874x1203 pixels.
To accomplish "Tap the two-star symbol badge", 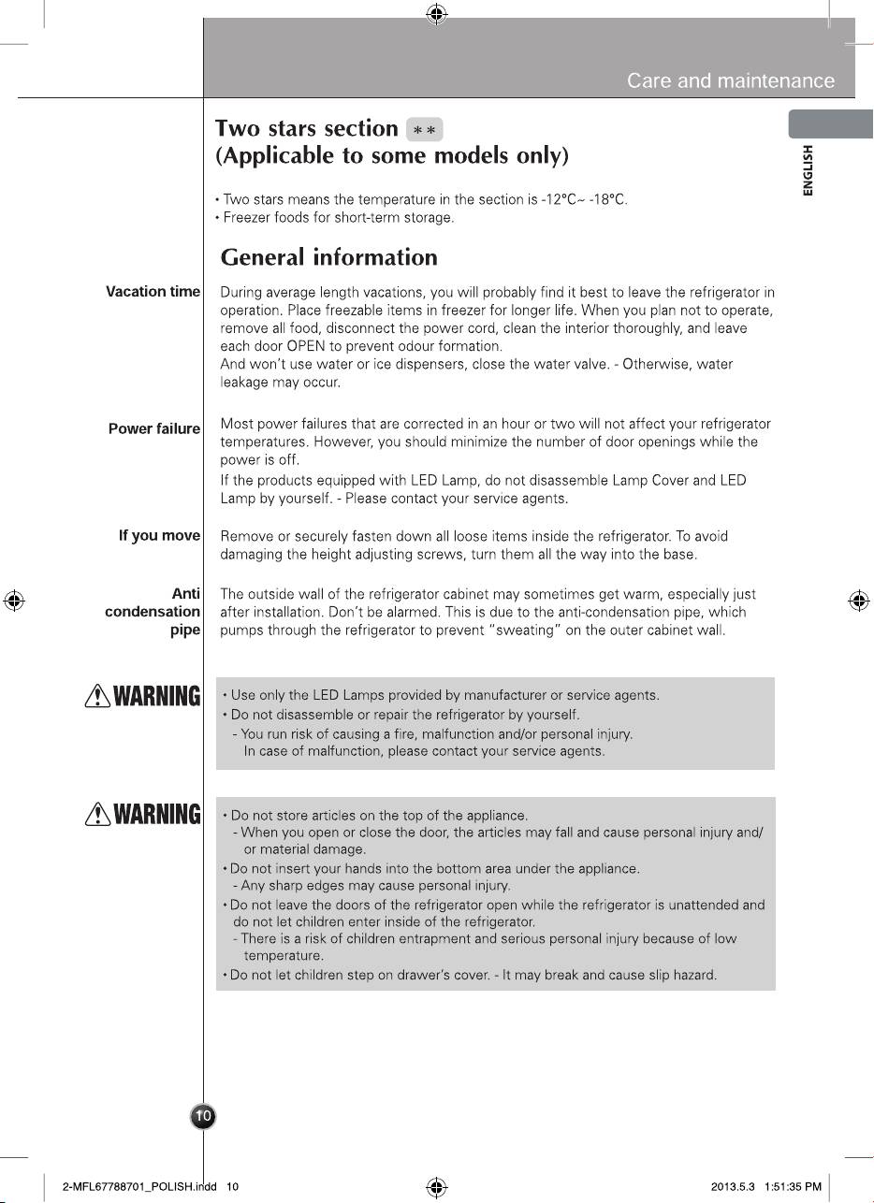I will (425, 129).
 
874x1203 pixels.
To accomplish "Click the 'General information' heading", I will (328, 257).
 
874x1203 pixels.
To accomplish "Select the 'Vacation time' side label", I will (153, 292).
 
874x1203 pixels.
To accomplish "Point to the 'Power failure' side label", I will (154, 428).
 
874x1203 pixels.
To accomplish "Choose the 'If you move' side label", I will (159, 535).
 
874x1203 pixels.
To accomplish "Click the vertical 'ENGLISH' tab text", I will (808, 169).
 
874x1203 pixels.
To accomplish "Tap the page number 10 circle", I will (203, 1115).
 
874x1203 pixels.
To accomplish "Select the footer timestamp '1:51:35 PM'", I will (794, 1187).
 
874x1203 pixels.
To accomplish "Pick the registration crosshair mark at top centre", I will (436, 12).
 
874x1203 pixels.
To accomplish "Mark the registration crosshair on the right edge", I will (858, 601).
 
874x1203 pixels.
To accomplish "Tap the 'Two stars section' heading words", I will (307, 128).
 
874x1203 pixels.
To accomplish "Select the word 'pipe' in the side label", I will (184, 630).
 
